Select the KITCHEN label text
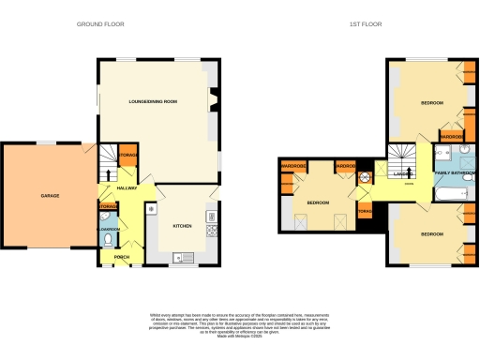[182, 226]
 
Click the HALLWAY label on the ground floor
[127, 188]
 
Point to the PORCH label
[121, 256]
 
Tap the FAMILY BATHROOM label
[454, 174]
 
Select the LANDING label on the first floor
[404, 173]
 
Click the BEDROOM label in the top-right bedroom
[431, 102]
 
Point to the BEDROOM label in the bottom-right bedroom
[431, 233]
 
